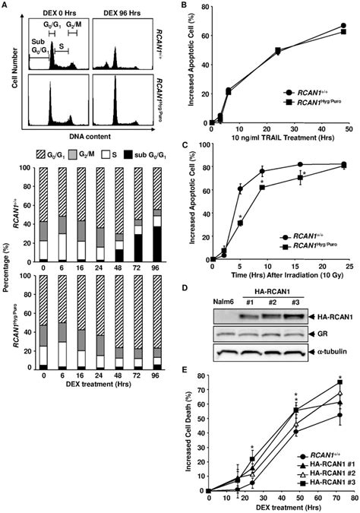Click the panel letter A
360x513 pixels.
(5, 7)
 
